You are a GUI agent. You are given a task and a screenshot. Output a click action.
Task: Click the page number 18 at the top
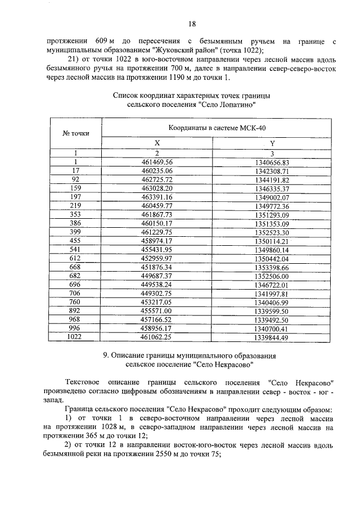[x=192, y=24]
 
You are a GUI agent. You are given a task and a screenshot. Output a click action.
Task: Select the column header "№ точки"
[x=75, y=133]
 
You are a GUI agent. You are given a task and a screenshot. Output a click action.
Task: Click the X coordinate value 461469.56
[x=157, y=162]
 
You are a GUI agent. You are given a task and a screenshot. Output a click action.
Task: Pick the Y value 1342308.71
[x=271, y=170]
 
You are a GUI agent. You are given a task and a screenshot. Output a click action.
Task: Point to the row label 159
[x=75, y=188]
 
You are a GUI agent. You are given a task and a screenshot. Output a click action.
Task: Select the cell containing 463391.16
[x=157, y=197]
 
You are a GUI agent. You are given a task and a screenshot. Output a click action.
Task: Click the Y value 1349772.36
[x=271, y=205]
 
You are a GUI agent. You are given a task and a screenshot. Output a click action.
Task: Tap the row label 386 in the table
[x=75, y=223]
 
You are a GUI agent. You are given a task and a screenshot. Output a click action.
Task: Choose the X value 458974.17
[x=157, y=240]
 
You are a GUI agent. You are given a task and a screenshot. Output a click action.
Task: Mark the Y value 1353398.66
[x=271, y=267]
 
